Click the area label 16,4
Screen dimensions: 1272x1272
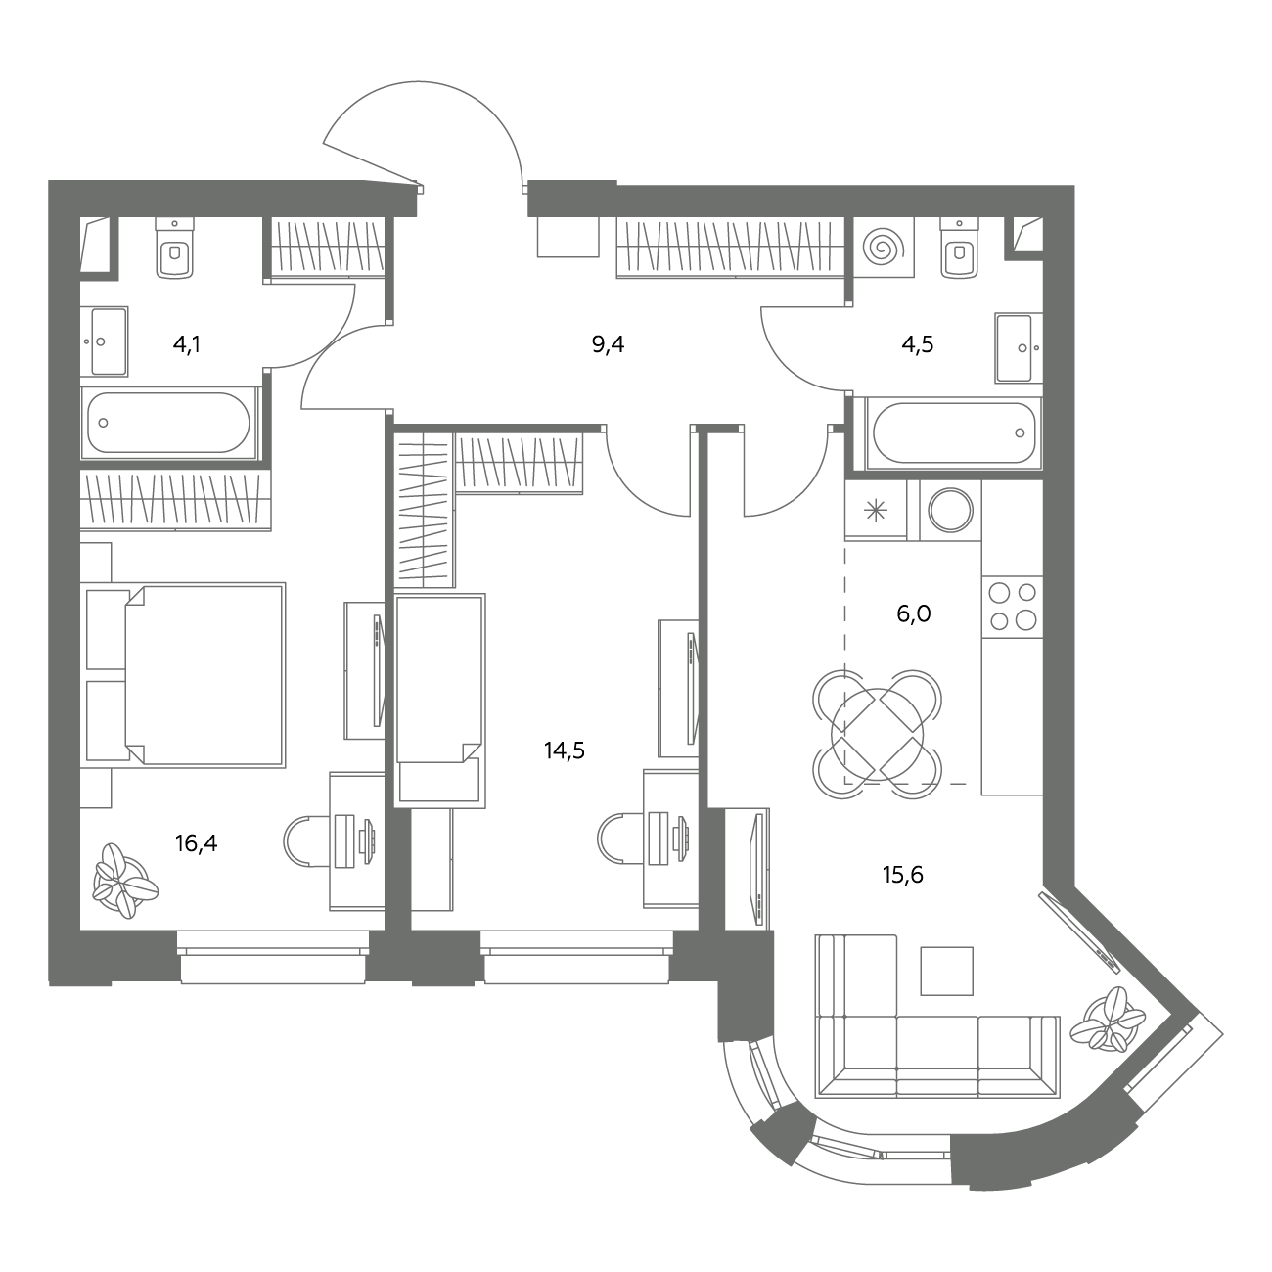(x=196, y=842)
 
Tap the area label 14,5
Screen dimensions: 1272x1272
(x=565, y=750)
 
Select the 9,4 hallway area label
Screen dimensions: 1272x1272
(x=608, y=344)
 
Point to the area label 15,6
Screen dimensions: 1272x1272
(x=902, y=875)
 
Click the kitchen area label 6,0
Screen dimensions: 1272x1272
(x=914, y=613)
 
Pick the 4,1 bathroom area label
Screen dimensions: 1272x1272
(x=187, y=344)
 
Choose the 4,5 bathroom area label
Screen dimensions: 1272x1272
(x=918, y=344)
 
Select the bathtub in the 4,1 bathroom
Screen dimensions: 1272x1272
(x=168, y=423)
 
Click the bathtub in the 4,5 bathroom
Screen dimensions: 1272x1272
(x=954, y=433)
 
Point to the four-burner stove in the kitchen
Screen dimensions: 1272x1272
(x=1012, y=608)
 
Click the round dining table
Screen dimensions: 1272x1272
(x=878, y=734)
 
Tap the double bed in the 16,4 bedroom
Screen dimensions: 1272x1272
(x=204, y=674)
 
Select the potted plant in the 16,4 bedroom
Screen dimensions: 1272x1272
(x=125, y=881)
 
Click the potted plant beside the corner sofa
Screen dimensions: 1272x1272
(x=1107, y=1027)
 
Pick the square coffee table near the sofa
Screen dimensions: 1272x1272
(x=946, y=971)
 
